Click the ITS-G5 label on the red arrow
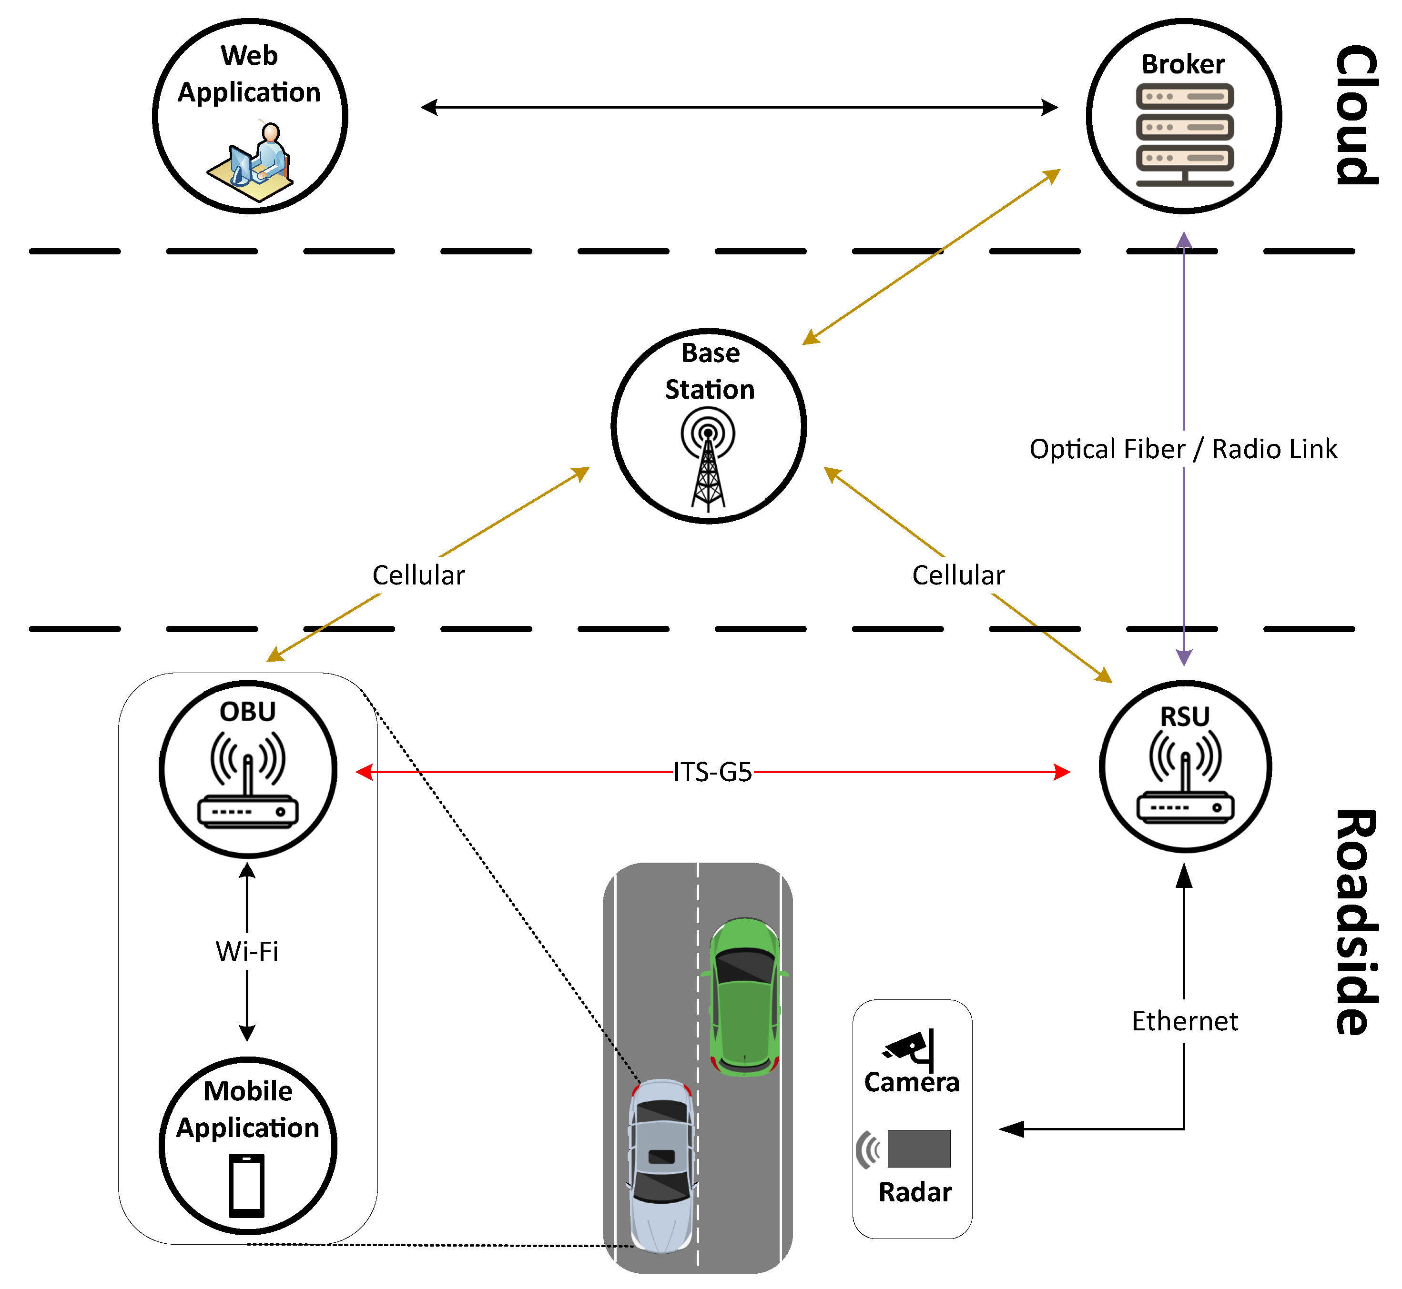(712, 772)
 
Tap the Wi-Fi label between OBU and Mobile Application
(247, 951)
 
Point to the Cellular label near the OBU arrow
(418, 575)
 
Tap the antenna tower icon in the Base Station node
(708, 460)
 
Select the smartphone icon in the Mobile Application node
(247, 1186)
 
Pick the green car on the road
(745, 997)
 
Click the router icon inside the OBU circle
(248, 781)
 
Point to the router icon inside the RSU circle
(1185, 778)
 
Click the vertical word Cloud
(1355, 115)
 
